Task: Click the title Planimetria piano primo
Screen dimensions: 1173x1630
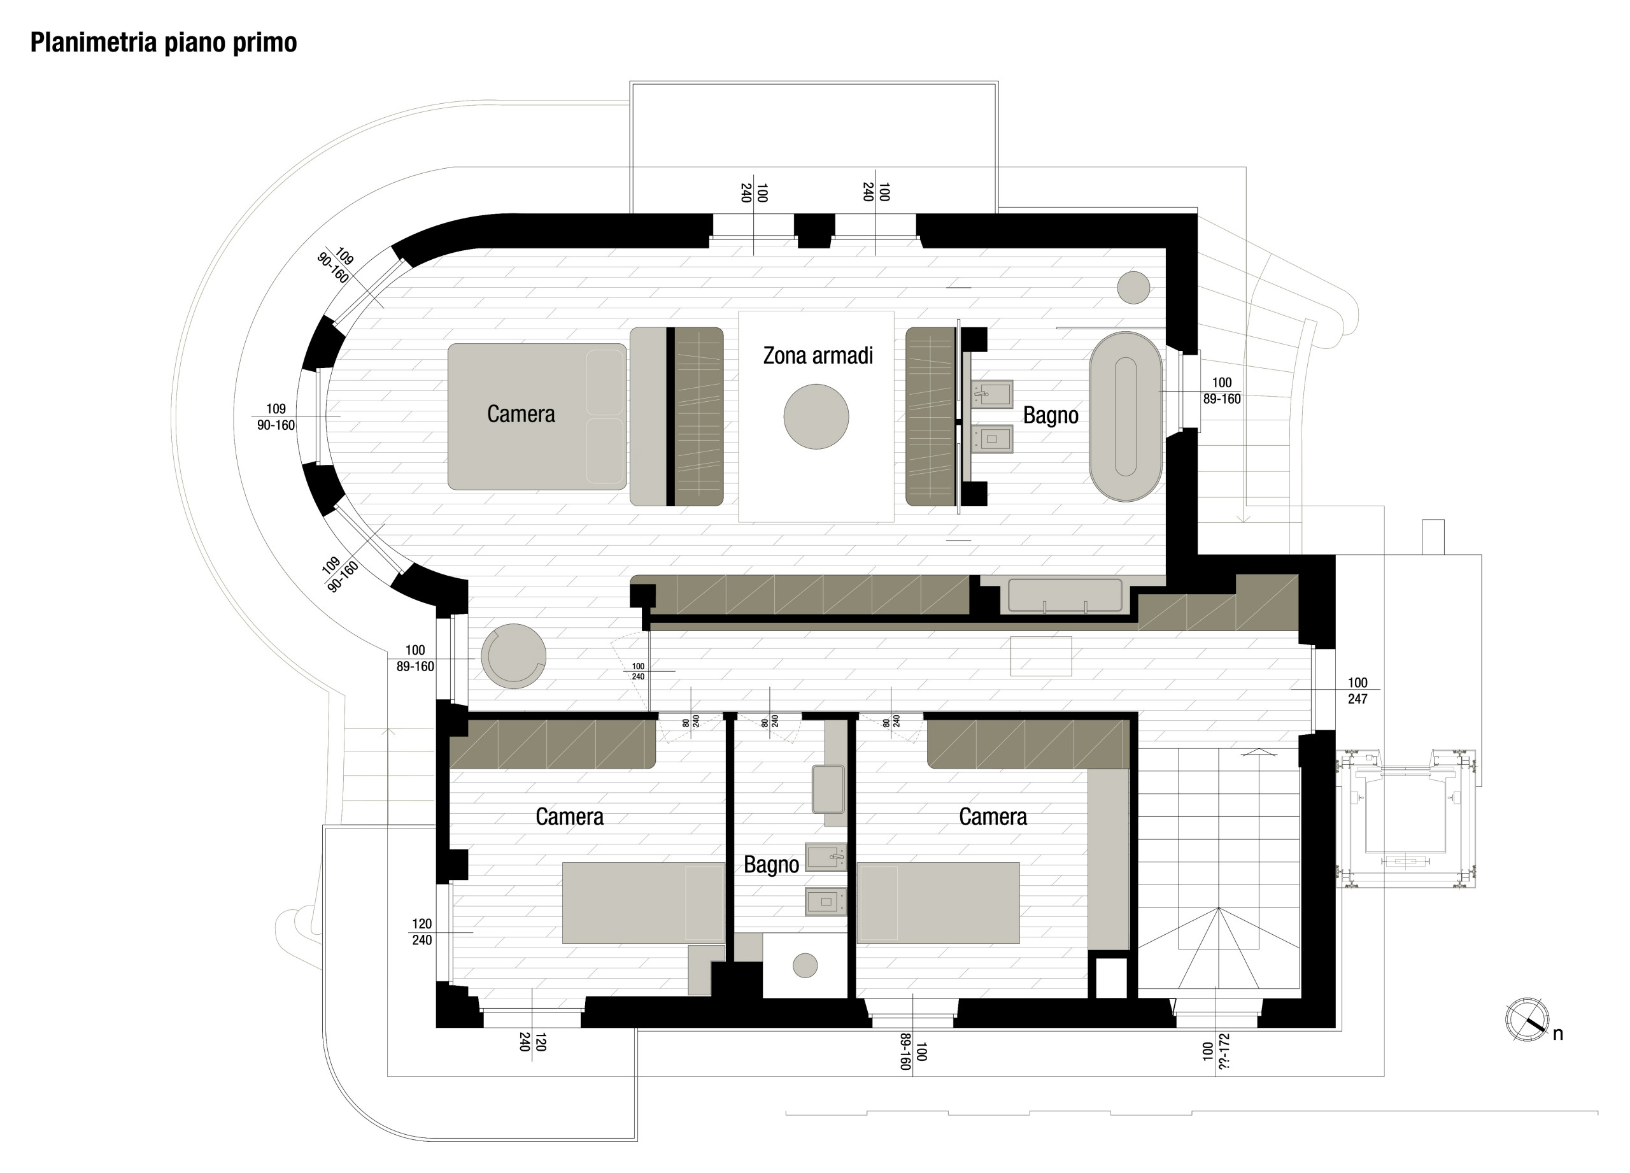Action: (163, 43)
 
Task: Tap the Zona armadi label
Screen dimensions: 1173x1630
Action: (818, 356)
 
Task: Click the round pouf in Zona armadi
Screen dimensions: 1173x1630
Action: (816, 417)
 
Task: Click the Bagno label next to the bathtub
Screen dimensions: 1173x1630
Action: (1050, 415)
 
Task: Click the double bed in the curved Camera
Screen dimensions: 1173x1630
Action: (537, 417)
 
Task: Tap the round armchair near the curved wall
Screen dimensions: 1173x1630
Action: (513, 655)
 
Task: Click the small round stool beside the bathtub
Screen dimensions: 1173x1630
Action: (1133, 287)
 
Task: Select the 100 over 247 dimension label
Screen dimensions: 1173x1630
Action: (1357, 691)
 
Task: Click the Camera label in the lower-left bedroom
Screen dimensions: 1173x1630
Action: (569, 816)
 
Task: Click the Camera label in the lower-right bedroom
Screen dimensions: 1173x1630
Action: (993, 816)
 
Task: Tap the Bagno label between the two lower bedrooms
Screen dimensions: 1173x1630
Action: (771, 865)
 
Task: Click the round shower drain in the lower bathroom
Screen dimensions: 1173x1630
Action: (805, 965)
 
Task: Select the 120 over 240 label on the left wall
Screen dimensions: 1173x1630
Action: (422, 932)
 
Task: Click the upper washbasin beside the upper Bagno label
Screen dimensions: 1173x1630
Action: (992, 393)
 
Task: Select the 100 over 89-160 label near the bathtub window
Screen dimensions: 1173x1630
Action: (1221, 391)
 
